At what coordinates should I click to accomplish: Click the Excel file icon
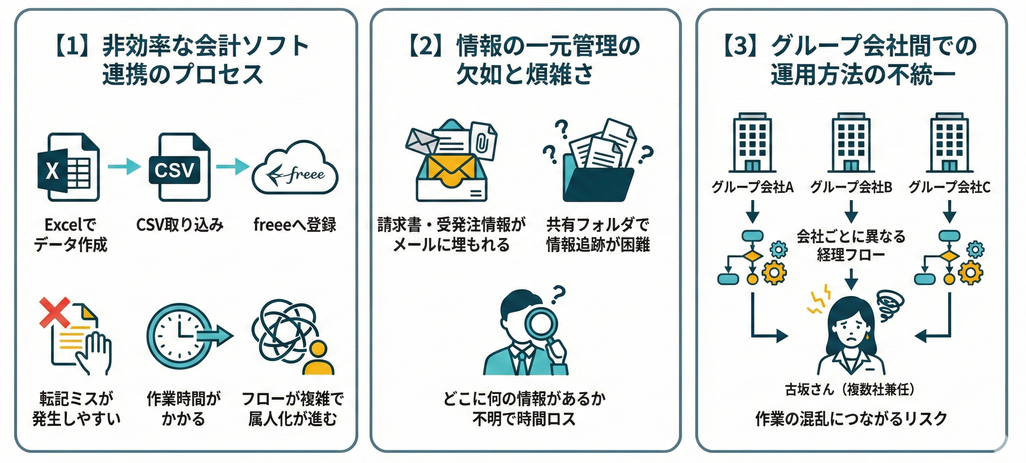(x=69, y=167)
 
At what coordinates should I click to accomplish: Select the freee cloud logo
(x=295, y=169)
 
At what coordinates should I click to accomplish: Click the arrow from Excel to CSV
(x=124, y=166)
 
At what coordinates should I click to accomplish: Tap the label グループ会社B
(x=851, y=187)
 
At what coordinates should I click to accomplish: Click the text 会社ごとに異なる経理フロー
(x=851, y=245)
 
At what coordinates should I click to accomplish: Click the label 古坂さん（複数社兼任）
(x=850, y=390)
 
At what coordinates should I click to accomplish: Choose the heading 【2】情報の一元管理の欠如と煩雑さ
(x=524, y=60)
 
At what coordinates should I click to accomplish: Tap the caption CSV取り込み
(x=180, y=225)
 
